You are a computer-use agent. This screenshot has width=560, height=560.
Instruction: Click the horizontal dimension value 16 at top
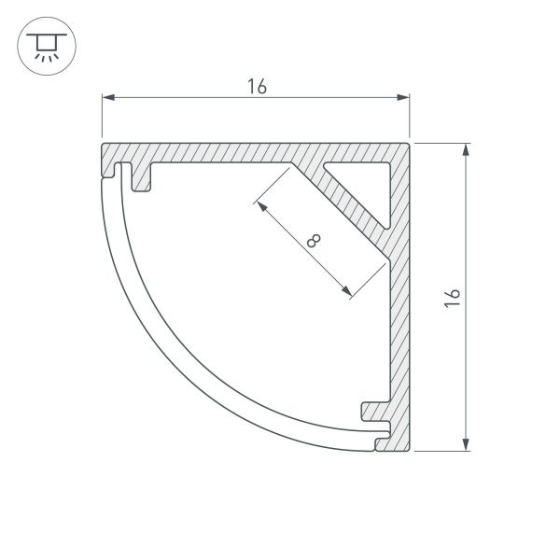pyautogui.click(x=258, y=87)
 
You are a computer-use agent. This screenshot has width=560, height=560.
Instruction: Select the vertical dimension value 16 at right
pyautogui.click(x=453, y=298)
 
